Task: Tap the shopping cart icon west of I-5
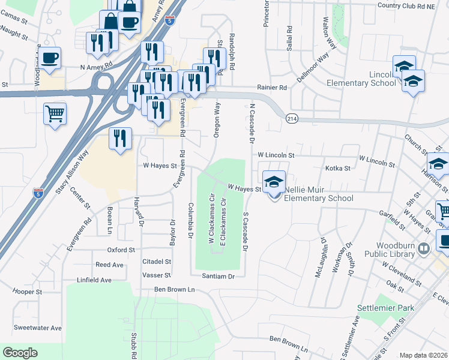coord(55,112)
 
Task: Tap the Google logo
coord(20,352)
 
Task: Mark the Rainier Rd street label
coord(273,87)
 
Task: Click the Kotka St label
coord(337,169)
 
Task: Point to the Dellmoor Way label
coord(313,68)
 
